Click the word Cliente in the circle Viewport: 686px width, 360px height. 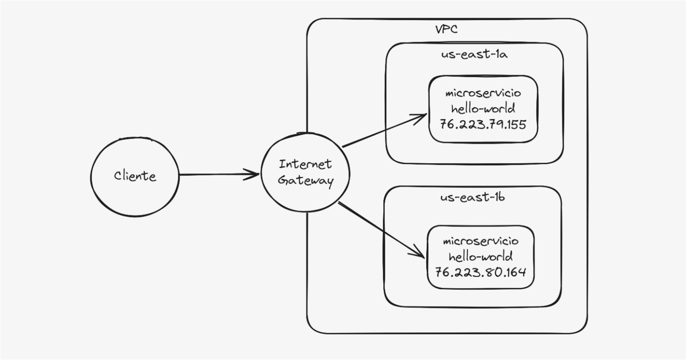click(135, 176)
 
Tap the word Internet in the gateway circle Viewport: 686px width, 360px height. click(305, 164)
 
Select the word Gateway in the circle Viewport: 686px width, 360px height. click(305, 180)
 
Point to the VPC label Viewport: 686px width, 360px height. click(446, 29)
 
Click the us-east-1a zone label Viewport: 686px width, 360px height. click(474, 54)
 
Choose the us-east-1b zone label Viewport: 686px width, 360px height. click(472, 197)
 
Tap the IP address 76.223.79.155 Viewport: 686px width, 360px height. click(483, 124)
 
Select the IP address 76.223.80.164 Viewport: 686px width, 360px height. click(481, 272)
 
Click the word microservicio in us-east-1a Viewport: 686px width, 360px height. click(483, 93)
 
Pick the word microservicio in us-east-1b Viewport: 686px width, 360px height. click(481, 241)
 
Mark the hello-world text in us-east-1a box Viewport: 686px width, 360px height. click(483, 109)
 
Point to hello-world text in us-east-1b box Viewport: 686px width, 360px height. click(481, 257)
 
